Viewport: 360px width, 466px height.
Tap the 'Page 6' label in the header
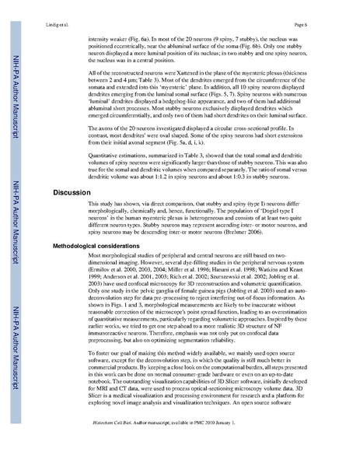pyautogui.click(x=316, y=24)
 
